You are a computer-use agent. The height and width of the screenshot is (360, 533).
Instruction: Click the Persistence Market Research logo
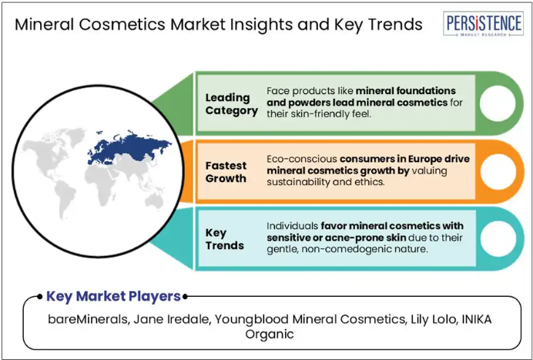coord(483,23)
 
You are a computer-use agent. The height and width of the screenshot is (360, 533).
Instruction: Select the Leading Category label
coord(232,104)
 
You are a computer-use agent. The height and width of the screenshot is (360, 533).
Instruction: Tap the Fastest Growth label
coord(226,172)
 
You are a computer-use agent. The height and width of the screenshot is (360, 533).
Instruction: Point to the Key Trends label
coord(225,239)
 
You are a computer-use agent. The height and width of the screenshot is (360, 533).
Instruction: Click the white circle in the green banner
coord(498,103)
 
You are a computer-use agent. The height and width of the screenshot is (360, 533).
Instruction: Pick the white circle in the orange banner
coord(498,171)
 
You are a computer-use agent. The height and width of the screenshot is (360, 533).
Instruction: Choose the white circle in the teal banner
coord(498,238)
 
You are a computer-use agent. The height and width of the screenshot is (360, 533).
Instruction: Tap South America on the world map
coord(65,197)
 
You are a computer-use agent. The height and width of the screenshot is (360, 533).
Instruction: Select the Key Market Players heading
coord(113,296)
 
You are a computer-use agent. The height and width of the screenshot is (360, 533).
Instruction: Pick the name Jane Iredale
coord(172,319)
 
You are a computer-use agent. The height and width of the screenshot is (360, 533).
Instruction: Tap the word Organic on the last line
coord(270,334)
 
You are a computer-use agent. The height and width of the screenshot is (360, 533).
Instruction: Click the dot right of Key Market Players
coord(185,297)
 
